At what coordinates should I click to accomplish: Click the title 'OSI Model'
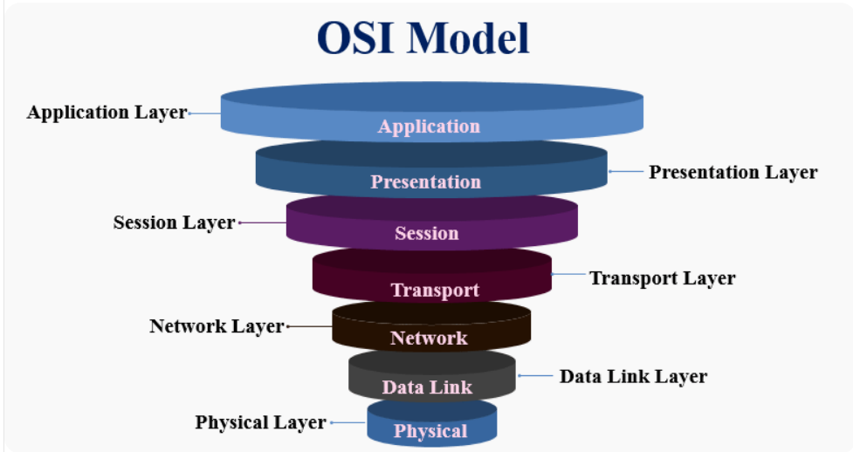[423, 38]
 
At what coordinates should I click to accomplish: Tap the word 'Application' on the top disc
[430, 127]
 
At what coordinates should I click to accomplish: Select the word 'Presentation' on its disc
[426, 181]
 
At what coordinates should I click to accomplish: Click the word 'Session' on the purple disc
[427, 233]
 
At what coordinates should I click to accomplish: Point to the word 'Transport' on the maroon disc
[435, 291]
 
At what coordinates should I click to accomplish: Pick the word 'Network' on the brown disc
[429, 339]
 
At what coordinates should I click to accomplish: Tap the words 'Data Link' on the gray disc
[427, 387]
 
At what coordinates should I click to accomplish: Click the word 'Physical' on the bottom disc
[430, 431]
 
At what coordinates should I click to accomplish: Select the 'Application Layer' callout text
[107, 113]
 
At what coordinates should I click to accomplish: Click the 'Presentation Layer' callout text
[733, 173]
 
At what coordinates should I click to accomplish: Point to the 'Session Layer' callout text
[174, 223]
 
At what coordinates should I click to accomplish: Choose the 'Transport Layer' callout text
[663, 278]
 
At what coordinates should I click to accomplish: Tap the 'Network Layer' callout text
[217, 326]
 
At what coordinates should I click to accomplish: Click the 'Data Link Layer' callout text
[633, 376]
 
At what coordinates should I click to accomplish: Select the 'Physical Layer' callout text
[260, 422]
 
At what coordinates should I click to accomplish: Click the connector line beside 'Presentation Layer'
[626, 171]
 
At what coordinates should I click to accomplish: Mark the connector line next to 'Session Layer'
[263, 223]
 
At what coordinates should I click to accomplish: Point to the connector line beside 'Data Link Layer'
[535, 376]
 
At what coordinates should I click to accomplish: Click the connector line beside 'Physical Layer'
[348, 422]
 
